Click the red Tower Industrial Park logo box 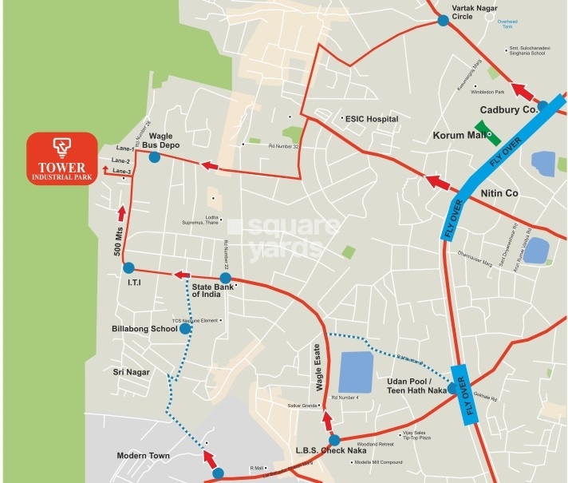coord(61,156)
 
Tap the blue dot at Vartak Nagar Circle coord(444,21)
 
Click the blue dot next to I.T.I coord(129,267)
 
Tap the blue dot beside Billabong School coord(185,328)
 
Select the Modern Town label coord(144,456)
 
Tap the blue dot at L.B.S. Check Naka coord(334,440)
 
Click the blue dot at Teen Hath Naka coord(453,389)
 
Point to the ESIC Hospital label coord(371,119)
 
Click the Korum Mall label coord(460,137)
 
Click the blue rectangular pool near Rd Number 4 coord(356,371)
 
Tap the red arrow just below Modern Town coord(211,460)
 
